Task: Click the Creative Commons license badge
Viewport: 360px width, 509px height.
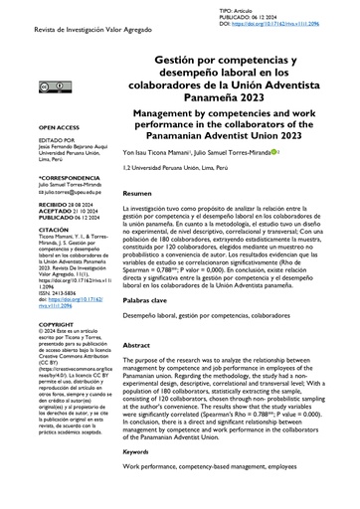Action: (49, 86)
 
